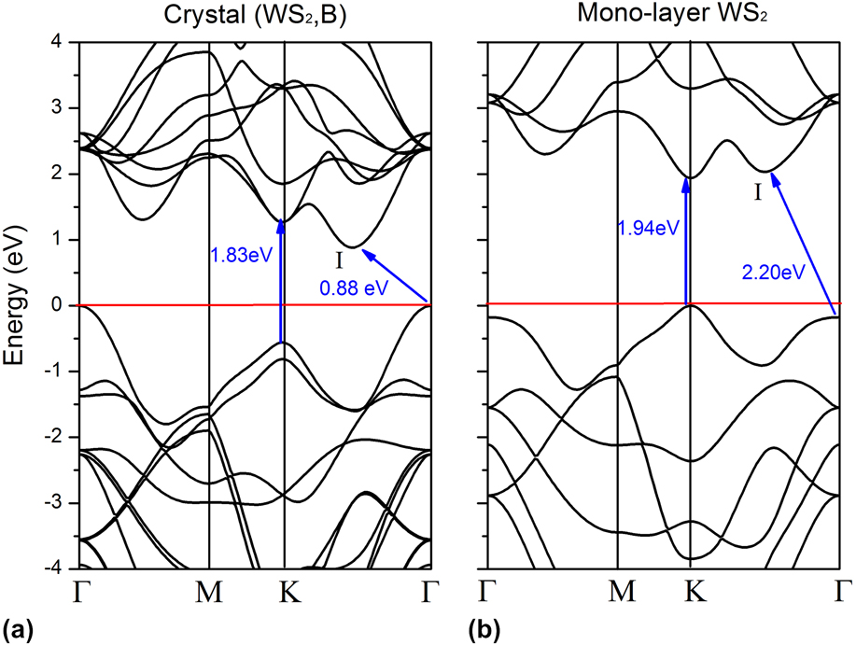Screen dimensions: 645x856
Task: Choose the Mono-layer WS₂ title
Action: point(664,17)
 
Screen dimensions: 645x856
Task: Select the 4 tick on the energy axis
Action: point(56,42)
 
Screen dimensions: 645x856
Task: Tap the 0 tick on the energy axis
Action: point(56,305)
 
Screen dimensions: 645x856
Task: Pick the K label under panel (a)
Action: point(284,592)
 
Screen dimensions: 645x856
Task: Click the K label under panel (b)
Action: point(689,592)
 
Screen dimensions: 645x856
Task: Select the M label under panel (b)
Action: point(617,592)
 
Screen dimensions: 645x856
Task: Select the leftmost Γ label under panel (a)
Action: point(78,592)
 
